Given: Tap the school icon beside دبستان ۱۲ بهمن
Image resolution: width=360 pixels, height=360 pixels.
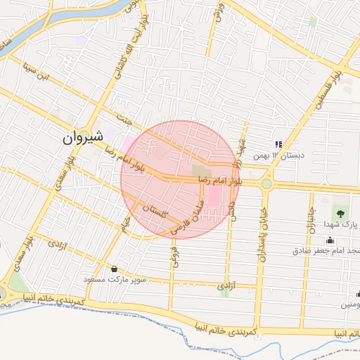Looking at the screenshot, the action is pyautogui.click(x=278, y=143).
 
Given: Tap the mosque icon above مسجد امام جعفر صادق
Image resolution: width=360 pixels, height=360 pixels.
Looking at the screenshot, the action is pyautogui.click(x=330, y=240).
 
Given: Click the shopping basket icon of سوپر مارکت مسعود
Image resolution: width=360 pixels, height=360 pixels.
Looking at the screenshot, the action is pyautogui.click(x=114, y=269).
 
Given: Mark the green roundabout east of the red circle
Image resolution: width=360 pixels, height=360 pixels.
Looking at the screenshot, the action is pyautogui.click(x=266, y=184).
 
